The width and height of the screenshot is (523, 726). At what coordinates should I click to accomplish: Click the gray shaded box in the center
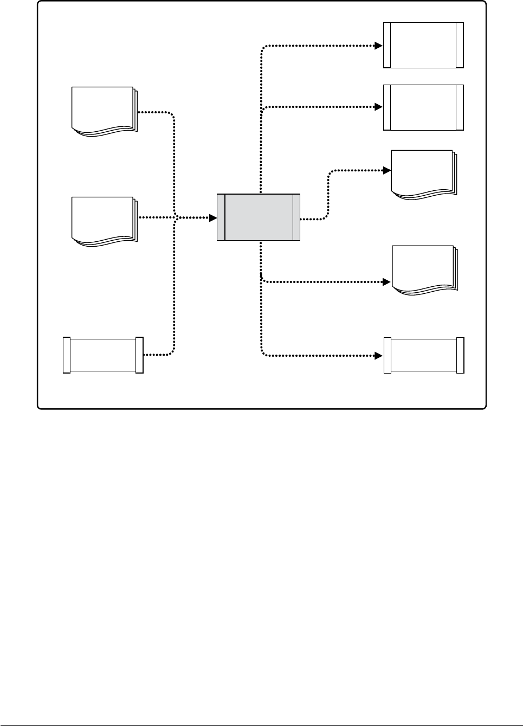pyautogui.click(x=259, y=217)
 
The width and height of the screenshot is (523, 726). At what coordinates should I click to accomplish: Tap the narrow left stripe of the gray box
pyautogui.click(x=221, y=217)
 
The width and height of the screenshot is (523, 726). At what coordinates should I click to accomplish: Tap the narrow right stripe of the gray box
pyautogui.click(x=296, y=217)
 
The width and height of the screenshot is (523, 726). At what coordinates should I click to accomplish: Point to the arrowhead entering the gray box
pyautogui.click(x=214, y=218)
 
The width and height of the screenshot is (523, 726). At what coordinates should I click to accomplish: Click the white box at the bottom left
pyautogui.click(x=103, y=355)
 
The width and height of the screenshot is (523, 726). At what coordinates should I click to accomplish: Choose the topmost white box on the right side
pyautogui.click(x=423, y=45)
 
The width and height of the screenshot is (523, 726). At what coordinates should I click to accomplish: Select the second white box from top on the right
pyautogui.click(x=423, y=107)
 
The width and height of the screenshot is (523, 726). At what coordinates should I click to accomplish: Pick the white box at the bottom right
pyautogui.click(x=424, y=355)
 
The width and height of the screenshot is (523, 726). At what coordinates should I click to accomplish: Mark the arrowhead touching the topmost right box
pyautogui.click(x=379, y=46)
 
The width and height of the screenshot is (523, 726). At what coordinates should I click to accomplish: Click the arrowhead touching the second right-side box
pyautogui.click(x=379, y=107)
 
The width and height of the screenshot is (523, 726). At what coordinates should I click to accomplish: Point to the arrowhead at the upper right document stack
pyautogui.click(x=387, y=170)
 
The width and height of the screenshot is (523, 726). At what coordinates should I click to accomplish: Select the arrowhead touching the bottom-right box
pyautogui.click(x=380, y=356)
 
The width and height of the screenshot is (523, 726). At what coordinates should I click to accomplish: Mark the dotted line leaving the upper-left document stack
pyautogui.click(x=157, y=112)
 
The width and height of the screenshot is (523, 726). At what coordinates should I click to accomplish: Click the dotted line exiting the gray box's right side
pyautogui.click(x=314, y=219)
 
